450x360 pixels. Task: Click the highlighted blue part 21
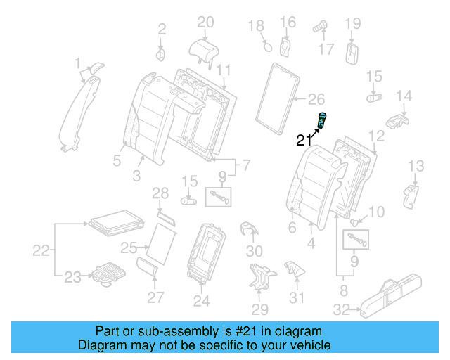tap(323, 120)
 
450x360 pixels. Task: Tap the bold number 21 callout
tap(304, 140)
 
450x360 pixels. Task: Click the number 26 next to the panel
tap(317, 98)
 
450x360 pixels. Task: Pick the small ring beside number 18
tap(267, 47)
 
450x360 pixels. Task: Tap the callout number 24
tap(201, 301)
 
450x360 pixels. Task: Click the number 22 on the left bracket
tap(43, 250)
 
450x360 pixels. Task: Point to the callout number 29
tap(260, 309)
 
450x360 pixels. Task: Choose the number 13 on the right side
tap(416, 166)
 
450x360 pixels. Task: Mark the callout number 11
tap(223, 70)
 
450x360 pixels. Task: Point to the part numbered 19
tap(352, 52)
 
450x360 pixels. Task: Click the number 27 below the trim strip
tap(155, 297)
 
